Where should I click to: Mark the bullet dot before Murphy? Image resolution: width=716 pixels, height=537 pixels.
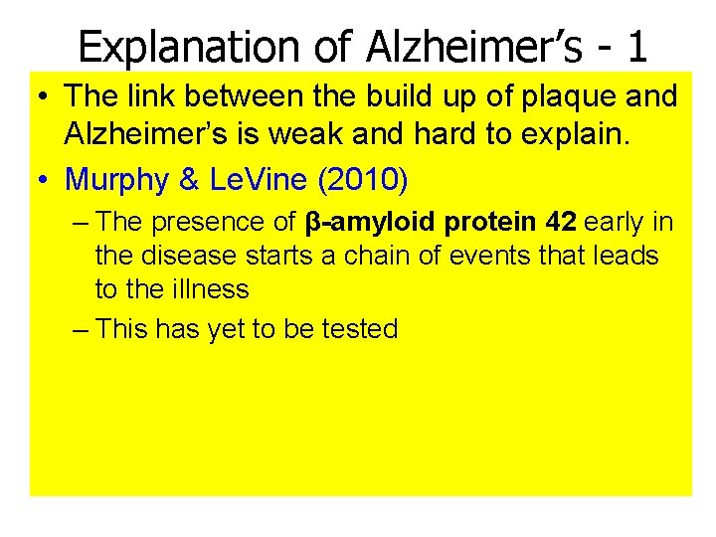coord(44,180)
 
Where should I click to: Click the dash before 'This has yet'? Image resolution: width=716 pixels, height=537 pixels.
coord(82,329)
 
